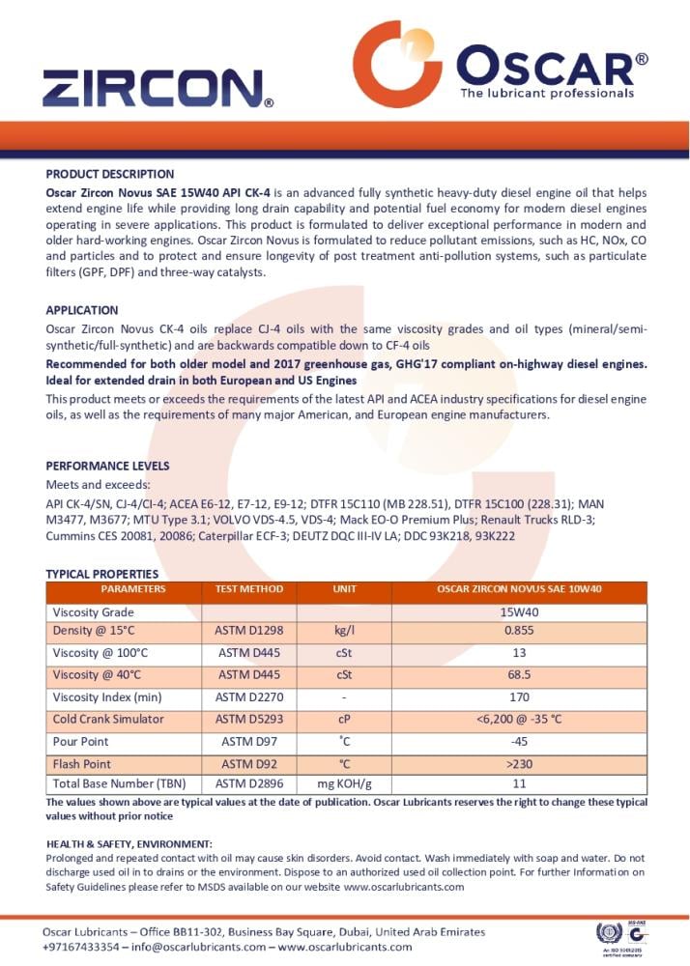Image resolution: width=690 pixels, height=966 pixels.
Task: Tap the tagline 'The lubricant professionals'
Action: pos(546,94)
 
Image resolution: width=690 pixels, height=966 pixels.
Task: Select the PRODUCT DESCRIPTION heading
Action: pos(109,174)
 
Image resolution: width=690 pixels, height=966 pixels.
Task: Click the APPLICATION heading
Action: pos(82,310)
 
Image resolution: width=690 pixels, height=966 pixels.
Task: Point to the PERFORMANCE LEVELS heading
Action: pos(107,466)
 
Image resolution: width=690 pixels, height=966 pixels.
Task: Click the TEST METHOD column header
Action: pos(248,589)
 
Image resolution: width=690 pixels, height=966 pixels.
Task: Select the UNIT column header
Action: pos(344,589)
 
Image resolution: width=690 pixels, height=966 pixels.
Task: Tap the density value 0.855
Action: pos(519,632)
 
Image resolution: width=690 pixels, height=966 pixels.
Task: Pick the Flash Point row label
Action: pos(81,763)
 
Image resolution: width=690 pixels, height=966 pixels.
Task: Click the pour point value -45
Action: pos(519,742)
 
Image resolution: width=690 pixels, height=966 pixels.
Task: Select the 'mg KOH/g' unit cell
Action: pos(344,783)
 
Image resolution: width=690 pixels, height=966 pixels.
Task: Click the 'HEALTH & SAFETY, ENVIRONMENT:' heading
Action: pos(129,844)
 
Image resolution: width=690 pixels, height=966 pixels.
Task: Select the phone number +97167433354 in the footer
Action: pos(81,948)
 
